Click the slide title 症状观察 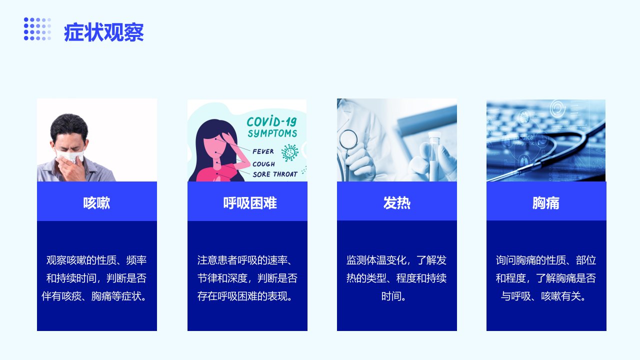point(103,32)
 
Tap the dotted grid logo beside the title point(37,29)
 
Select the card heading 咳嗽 point(96,203)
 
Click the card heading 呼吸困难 point(250,203)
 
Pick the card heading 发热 point(397,203)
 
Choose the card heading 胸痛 point(546,203)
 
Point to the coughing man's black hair point(69,125)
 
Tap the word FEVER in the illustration point(263,151)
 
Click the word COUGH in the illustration point(263,164)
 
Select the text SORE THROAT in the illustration point(275,174)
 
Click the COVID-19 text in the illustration point(271,121)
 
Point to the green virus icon point(290,152)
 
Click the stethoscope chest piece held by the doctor point(348,139)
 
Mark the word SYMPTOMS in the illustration point(272,133)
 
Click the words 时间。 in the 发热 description point(393,296)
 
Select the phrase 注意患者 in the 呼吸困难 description point(217,260)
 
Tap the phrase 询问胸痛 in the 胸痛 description point(515,260)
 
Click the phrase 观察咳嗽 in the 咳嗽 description point(66,260)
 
